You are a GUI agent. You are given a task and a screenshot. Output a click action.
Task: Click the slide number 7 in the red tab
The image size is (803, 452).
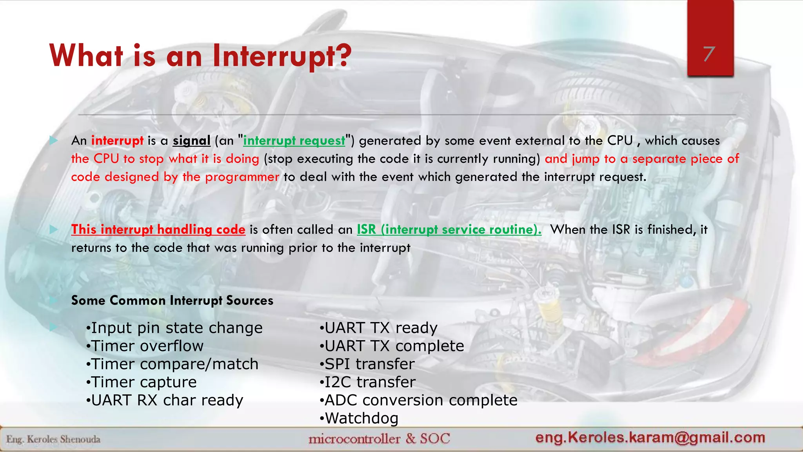(709, 54)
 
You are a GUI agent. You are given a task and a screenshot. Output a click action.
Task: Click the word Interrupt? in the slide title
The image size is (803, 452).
(282, 56)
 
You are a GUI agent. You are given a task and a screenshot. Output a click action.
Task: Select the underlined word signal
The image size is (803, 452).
(191, 140)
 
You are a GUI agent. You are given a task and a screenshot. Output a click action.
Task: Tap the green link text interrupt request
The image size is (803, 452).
(294, 140)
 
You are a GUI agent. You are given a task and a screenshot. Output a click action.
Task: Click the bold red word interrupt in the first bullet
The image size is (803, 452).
(117, 140)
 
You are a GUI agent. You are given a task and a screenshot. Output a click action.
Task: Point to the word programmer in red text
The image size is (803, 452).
(242, 177)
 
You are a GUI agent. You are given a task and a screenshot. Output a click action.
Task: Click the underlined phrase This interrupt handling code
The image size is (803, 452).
(158, 230)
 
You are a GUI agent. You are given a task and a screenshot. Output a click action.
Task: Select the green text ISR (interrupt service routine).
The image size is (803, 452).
(449, 230)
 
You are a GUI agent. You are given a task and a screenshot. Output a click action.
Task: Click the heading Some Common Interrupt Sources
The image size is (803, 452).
(172, 301)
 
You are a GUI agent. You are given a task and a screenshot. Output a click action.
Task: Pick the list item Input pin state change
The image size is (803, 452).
(174, 328)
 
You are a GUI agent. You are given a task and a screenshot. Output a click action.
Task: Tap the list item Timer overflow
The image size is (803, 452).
(145, 346)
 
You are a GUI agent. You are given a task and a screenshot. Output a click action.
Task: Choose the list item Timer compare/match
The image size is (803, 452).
(173, 364)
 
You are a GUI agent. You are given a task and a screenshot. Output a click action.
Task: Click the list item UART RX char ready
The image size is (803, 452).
(165, 400)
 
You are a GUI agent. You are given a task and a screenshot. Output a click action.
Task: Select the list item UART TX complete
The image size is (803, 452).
(392, 346)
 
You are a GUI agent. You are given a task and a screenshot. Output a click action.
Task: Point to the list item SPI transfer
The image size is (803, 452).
(367, 364)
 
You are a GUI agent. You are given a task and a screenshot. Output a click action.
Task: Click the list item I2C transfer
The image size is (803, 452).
(368, 382)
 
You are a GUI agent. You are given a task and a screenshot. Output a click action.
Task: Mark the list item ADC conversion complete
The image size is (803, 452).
(419, 400)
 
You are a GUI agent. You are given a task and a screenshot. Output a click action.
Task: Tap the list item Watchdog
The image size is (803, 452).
(359, 418)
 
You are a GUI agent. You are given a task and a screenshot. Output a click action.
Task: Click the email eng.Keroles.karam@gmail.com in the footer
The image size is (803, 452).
(650, 437)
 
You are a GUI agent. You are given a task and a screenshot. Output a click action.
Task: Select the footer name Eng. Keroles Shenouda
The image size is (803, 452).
(53, 439)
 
